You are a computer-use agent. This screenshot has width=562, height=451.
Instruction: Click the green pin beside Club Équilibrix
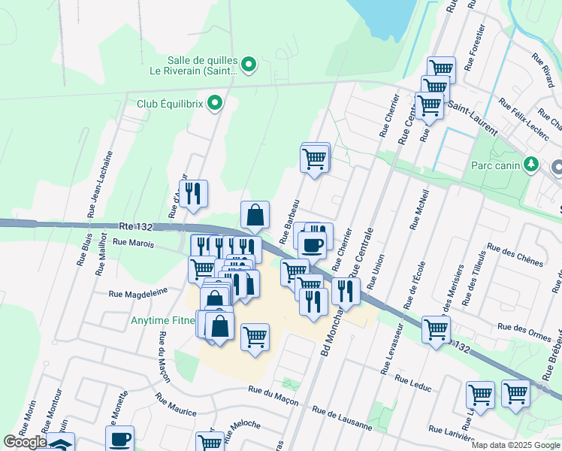pyautogui.click(x=216, y=104)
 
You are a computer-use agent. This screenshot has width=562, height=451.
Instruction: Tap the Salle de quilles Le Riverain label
pyautogui.click(x=204, y=66)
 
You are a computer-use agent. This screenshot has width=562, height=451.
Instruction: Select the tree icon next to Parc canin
pyautogui.click(x=532, y=164)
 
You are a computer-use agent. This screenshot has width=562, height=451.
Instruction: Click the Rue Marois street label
pyautogui.click(x=133, y=243)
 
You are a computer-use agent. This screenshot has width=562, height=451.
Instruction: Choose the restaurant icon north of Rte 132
pyautogui.click(x=194, y=194)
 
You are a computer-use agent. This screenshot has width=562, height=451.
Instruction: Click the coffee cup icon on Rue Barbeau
pyautogui.click(x=312, y=244)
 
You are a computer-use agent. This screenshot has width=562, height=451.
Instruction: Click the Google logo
pyautogui.click(x=24, y=442)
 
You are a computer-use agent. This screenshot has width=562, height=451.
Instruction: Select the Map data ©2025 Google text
pyautogui.click(x=515, y=446)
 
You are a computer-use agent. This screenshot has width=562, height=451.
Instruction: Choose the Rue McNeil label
pyautogui.click(x=418, y=208)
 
